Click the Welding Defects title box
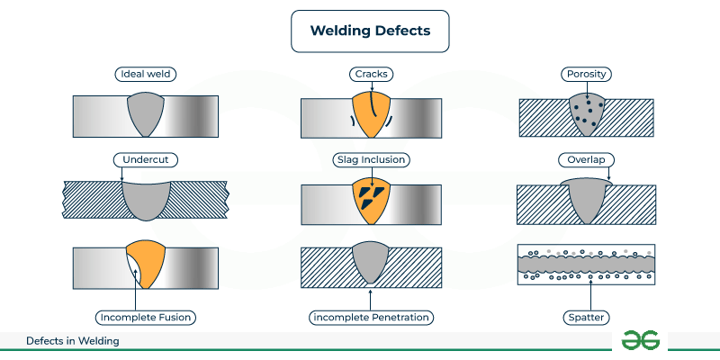pyautogui.click(x=369, y=31)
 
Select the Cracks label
pyautogui.click(x=371, y=74)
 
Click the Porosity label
pyautogui.click(x=587, y=74)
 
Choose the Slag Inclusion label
pyautogui.click(x=371, y=159)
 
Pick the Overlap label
pyautogui.click(x=587, y=159)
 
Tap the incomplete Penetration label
pyautogui.click(x=371, y=317)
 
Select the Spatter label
pyautogui.click(x=587, y=317)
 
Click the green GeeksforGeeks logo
pyautogui.click(x=640, y=340)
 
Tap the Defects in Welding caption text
pyautogui.click(x=73, y=341)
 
